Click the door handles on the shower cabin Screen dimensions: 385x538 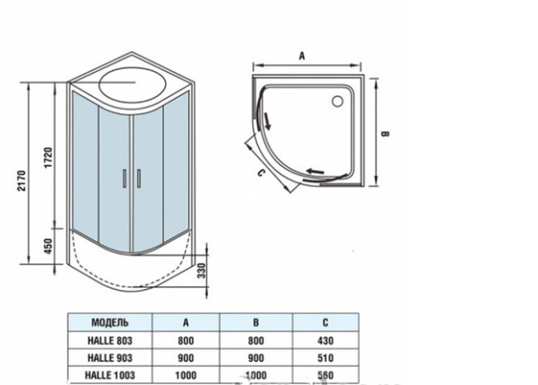[133, 178]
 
